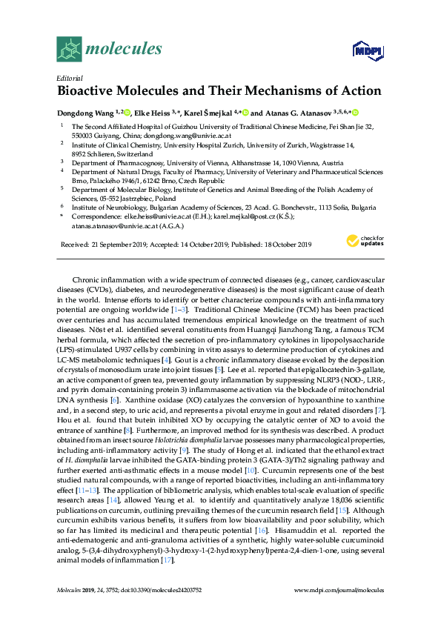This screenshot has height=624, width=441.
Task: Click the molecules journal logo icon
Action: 69,50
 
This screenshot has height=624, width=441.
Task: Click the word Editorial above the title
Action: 69,78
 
